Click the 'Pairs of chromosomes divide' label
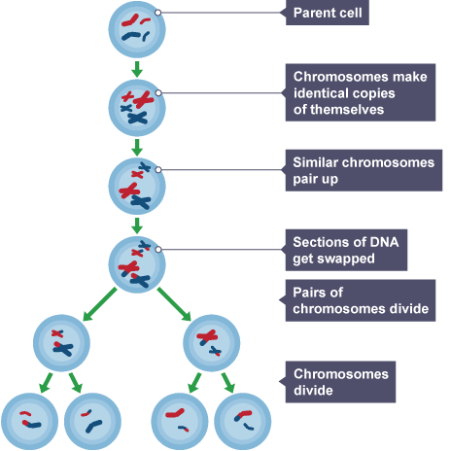point(357,300)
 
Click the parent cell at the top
point(137,28)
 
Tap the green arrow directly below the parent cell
point(137,68)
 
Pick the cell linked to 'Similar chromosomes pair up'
point(137,185)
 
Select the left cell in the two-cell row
point(62,339)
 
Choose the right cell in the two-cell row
point(210,341)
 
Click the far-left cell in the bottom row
point(28,418)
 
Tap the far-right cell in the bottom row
point(242,418)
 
